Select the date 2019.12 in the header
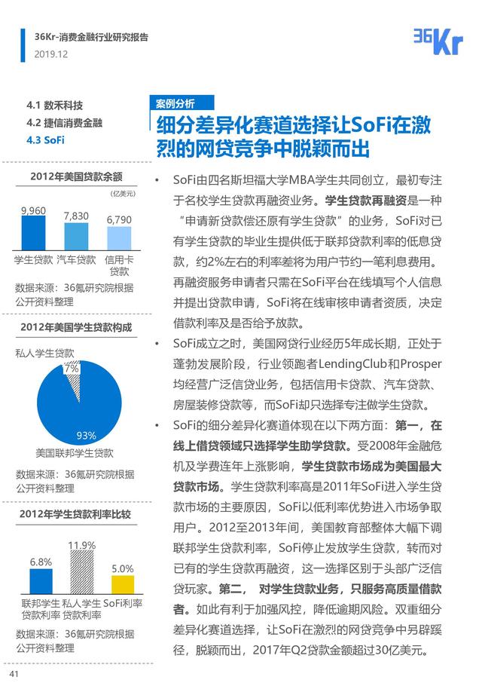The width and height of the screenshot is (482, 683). pyautogui.click(x=51, y=54)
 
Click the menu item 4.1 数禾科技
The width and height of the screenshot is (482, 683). pyautogui.click(x=54, y=105)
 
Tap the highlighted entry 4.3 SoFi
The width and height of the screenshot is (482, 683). pyautogui.click(x=45, y=140)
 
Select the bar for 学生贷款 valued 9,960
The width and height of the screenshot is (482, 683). pyautogui.click(x=34, y=234)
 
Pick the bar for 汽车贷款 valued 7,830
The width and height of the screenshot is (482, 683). pyautogui.click(x=76, y=237)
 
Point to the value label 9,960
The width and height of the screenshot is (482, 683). pyautogui.click(x=34, y=210)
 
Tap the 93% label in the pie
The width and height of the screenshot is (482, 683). pyautogui.click(x=87, y=435)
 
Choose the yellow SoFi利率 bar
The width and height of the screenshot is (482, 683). pyautogui.click(x=123, y=585)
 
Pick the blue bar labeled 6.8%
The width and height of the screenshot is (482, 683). pyautogui.click(x=41, y=581)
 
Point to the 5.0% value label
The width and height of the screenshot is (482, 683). pyautogui.click(x=122, y=568)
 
